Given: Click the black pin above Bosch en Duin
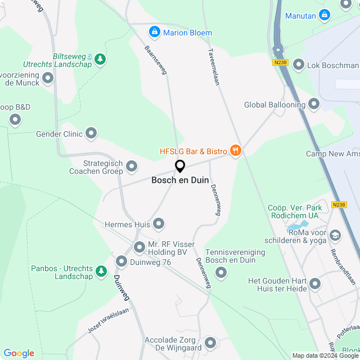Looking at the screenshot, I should [x=180, y=166].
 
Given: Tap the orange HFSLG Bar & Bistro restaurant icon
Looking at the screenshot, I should [x=236, y=151].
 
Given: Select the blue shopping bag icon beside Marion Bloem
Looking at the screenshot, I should [x=154, y=32].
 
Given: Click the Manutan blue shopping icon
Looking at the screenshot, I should [x=324, y=15].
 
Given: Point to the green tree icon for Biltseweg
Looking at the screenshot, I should [x=100, y=59].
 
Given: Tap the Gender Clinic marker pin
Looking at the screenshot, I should [x=91, y=134].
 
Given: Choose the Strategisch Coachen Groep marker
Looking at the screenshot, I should [x=132, y=166].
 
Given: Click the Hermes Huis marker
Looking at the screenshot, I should [x=159, y=224].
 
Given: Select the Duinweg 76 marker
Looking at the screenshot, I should [x=121, y=262].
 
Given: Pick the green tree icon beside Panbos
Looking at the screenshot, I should [x=101, y=272].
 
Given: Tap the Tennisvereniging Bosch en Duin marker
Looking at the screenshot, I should [x=221, y=273].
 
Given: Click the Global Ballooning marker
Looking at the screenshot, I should [x=313, y=105].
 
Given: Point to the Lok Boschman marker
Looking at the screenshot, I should [x=298, y=65].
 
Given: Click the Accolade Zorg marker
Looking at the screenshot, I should [x=210, y=342].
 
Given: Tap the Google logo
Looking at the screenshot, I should [x=19, y=353].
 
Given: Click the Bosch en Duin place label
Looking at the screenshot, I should [x=180, y=181].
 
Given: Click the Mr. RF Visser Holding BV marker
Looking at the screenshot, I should [x=139, y=247].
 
